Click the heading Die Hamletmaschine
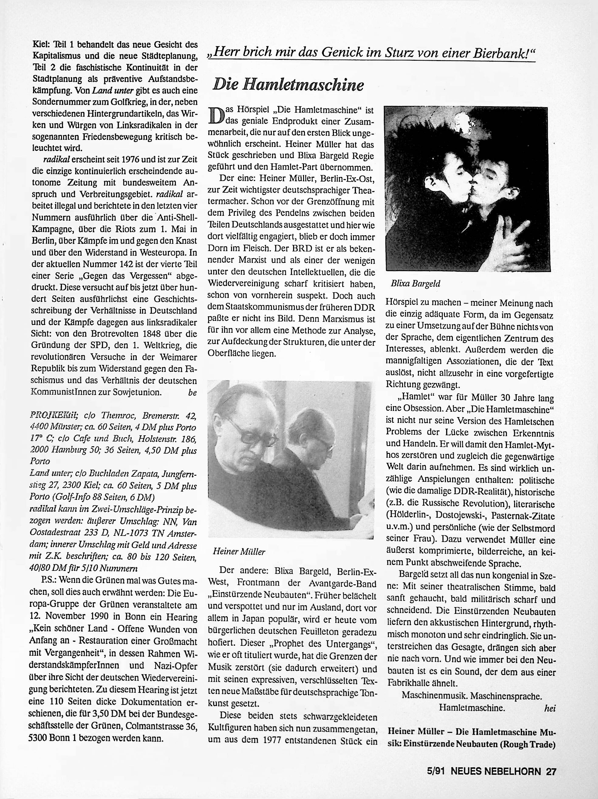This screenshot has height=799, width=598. pyautogui.click(x=288, y=84)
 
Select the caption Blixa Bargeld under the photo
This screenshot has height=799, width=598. pyautogui.click(x=415, y=284)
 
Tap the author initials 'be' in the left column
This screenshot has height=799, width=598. pyautogui.click(x=192, y=392)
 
